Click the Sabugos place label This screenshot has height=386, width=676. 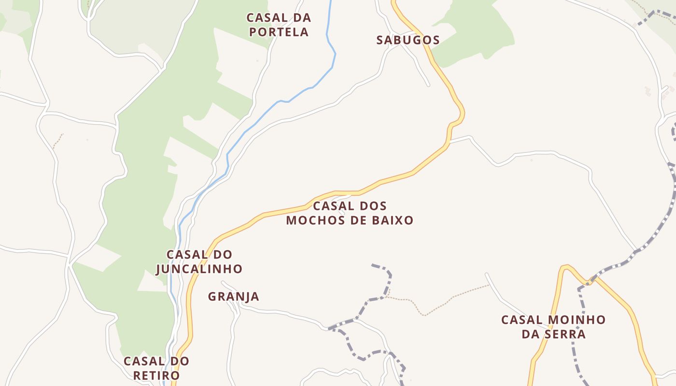point(408,40)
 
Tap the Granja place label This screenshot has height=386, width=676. point(234,296)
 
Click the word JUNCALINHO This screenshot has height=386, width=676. point(199,269)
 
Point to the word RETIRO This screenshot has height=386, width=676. point(156,375)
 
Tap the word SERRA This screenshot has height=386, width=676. point(565,334)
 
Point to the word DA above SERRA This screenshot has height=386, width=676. point(531,334)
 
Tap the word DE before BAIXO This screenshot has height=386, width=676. point(356,221)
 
